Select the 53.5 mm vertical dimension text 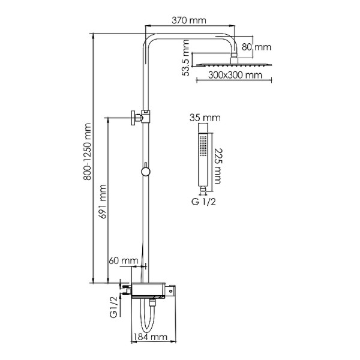coord(187,58)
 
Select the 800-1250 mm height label coord(88,154)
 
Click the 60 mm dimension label coord(123,261)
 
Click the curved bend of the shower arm coord(150,37)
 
